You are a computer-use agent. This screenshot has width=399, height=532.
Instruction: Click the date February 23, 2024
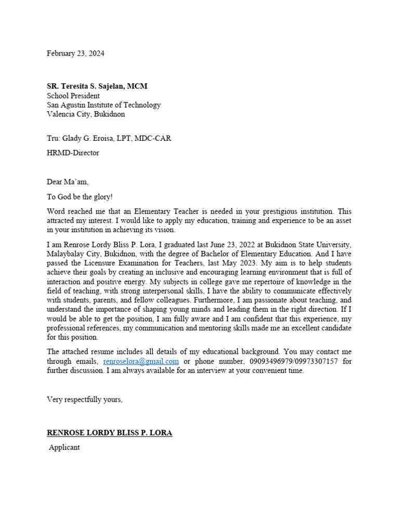[75, 54]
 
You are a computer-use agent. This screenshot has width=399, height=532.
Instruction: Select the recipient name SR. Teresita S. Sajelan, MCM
[97, 86]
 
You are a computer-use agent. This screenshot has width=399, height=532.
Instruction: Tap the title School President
[73, 96]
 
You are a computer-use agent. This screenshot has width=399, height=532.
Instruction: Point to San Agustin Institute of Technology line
[104, 105]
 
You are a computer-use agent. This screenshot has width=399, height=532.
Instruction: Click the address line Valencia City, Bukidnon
[86, 114]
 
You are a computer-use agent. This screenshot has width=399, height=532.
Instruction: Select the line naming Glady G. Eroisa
[109, 138]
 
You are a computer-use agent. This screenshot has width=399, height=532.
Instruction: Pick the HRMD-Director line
[73, 153]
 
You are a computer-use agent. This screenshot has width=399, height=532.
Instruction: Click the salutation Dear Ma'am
[68, 182]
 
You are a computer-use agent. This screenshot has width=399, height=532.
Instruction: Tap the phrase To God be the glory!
[79, 197]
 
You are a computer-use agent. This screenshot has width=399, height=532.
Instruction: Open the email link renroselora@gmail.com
[141, 361]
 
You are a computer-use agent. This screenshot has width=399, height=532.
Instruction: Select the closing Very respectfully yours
[85, 400]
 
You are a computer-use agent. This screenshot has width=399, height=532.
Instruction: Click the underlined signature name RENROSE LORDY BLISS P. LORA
[110, 433]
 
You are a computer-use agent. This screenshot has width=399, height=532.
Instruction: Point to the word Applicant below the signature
[64, 447]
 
